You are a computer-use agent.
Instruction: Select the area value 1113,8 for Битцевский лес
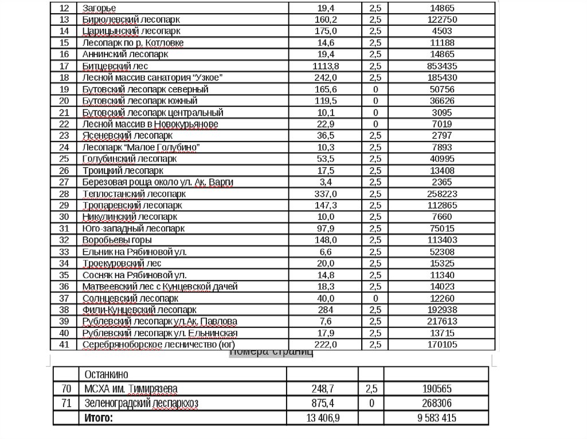point(325,66)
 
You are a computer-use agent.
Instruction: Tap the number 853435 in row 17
point(442,66)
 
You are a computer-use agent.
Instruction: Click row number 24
point(64,147)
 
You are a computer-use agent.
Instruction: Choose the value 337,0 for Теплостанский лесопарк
point(325,193)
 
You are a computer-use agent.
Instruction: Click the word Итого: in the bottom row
point(99,418)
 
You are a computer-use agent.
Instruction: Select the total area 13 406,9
point(322,418)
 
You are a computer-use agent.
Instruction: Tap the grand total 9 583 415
point(437,418)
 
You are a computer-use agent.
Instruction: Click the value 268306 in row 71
point(437,404)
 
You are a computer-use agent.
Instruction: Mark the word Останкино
point(107,374)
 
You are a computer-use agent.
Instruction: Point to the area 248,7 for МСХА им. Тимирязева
point(322,389)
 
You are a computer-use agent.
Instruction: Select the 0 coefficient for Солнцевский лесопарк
point(375,298)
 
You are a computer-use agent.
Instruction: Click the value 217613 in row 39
point(442,321)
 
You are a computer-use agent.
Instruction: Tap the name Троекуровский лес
point(122,263)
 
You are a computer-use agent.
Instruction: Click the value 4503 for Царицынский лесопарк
point(442,31)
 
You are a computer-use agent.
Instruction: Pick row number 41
point(64,345)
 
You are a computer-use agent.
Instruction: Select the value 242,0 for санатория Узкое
point(325,77)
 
